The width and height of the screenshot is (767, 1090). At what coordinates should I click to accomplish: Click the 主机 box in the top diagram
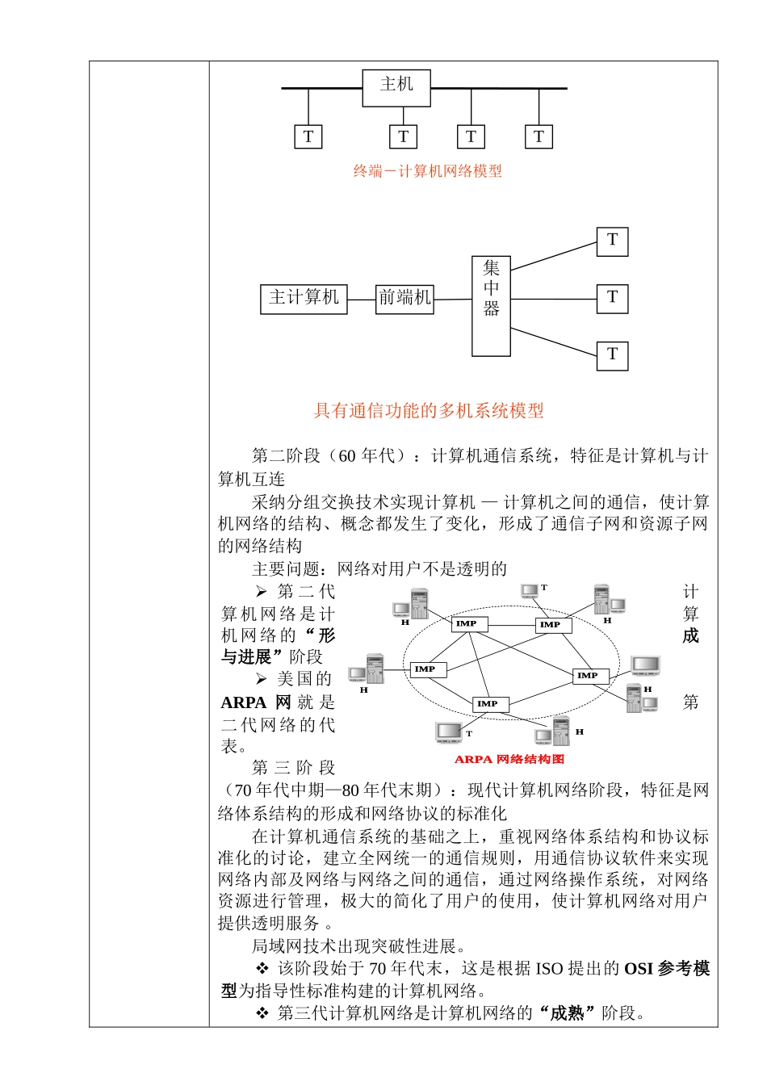pos(396,87)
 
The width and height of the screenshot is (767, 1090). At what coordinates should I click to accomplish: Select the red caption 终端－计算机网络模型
pos(428,171)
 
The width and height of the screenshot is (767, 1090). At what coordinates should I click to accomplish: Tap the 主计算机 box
pos(304,298)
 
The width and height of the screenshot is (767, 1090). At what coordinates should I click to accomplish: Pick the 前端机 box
pos(404,298)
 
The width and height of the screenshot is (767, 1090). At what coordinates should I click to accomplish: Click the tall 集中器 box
pos(491,306)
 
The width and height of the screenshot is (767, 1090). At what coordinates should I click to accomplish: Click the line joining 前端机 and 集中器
pos(453,300)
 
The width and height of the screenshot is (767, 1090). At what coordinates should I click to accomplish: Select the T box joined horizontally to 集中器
pos(612,298)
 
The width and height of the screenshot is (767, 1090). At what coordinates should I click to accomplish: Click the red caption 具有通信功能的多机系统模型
pos(429,411)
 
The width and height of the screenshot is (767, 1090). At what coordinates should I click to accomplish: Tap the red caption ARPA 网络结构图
pos(509,759)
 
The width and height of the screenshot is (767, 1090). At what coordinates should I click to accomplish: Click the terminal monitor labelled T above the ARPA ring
pos(530,592)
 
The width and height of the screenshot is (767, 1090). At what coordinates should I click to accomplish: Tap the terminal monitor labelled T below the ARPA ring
pos(448,732)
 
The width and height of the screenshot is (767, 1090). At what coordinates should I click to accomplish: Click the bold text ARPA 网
pos(255,702)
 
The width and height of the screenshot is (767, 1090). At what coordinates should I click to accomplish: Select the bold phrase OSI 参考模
pos(667,968)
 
